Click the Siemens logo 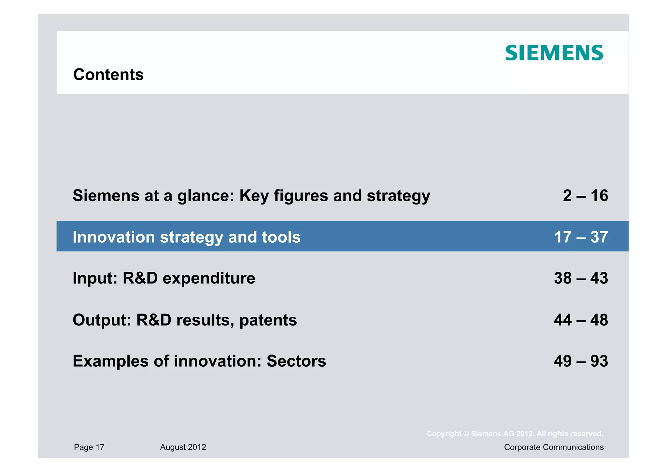[x=554, y=53]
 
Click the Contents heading [x=108, y=75]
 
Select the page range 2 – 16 [x=585, y=196]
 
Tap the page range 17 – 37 [x=581, y=237]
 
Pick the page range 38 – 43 [x=581, y=278]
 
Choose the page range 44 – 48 [x=581, y=320]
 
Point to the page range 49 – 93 [x=581, y=361]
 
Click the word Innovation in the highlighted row [x=113, y=237]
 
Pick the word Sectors [x=296, y=361]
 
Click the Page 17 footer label [x=89, y=447]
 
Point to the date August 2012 [x=183, y=447]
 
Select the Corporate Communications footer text [x=554, y=447]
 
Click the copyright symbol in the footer [x=466, y=434]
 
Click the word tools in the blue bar [x=281, y=237]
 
